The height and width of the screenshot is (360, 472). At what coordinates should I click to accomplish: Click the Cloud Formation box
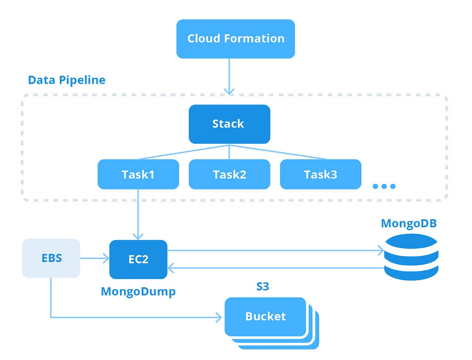click(x=236, y=39)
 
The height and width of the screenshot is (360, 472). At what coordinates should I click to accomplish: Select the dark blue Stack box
click(x=229, y=124)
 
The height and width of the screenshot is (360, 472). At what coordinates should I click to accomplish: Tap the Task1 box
click(x=138, y=174)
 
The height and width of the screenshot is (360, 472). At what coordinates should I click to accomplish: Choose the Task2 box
click(x=229, y=174)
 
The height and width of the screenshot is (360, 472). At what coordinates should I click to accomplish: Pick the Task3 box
click(x=320, y=174)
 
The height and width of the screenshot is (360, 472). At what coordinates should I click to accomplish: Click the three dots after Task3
click(x=383, y=186)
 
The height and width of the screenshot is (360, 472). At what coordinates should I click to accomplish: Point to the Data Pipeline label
click(x=66, y=80)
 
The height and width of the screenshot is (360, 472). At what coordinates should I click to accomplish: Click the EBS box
click(x=51, y=258)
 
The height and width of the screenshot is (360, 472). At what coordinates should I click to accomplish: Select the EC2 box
click(x=138, y=259)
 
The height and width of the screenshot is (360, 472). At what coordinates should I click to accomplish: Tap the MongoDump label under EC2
click(x=138, y=291)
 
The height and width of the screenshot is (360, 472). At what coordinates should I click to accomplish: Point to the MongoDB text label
click(x=409, y=224)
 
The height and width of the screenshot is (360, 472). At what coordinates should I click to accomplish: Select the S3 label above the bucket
click(x=262, y=287)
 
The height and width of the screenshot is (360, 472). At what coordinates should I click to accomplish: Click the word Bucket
click(x=265, y=316)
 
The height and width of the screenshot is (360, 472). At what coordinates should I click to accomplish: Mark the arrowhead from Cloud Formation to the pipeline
click(x=229, y=91)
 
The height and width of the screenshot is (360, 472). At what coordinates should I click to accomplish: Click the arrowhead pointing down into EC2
click(x=138, y=236)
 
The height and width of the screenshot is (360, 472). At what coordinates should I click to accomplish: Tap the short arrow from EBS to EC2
click(x=94, y=258)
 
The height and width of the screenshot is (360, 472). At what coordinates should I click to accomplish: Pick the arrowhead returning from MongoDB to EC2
click(x=171, y=268)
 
